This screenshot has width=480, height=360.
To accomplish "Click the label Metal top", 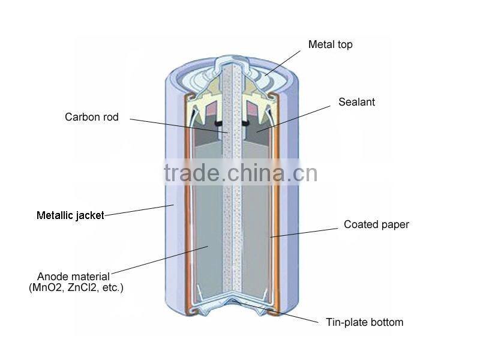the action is (x=331, y=44).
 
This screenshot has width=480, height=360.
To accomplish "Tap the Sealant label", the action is (x=356, y=102).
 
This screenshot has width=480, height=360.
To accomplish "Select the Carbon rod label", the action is (x=92, y=117).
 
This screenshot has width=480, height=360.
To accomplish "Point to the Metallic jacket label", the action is (x=70, y=215).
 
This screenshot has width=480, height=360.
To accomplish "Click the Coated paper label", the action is (x=376, y=224).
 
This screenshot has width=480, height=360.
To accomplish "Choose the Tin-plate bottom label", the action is (x=364, y=322).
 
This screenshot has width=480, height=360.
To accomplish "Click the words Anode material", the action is (x=73, y=277).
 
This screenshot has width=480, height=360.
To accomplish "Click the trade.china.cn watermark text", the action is (x=241, y=173).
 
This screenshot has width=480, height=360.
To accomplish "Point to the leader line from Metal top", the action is (x=283, y=63).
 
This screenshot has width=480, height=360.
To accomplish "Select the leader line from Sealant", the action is (x=293, y=119).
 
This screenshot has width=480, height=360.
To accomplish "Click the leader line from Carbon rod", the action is (x=179, y=126).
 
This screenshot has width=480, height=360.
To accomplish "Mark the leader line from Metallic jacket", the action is (x=139, y=211).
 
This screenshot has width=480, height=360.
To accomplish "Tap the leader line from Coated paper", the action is (x=304, y=232).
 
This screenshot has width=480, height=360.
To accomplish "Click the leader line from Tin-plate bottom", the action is (x=277, y=313).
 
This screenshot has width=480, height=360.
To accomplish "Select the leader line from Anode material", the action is (x=160, y=260).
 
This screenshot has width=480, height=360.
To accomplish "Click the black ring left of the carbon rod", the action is (x=218, y=124).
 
